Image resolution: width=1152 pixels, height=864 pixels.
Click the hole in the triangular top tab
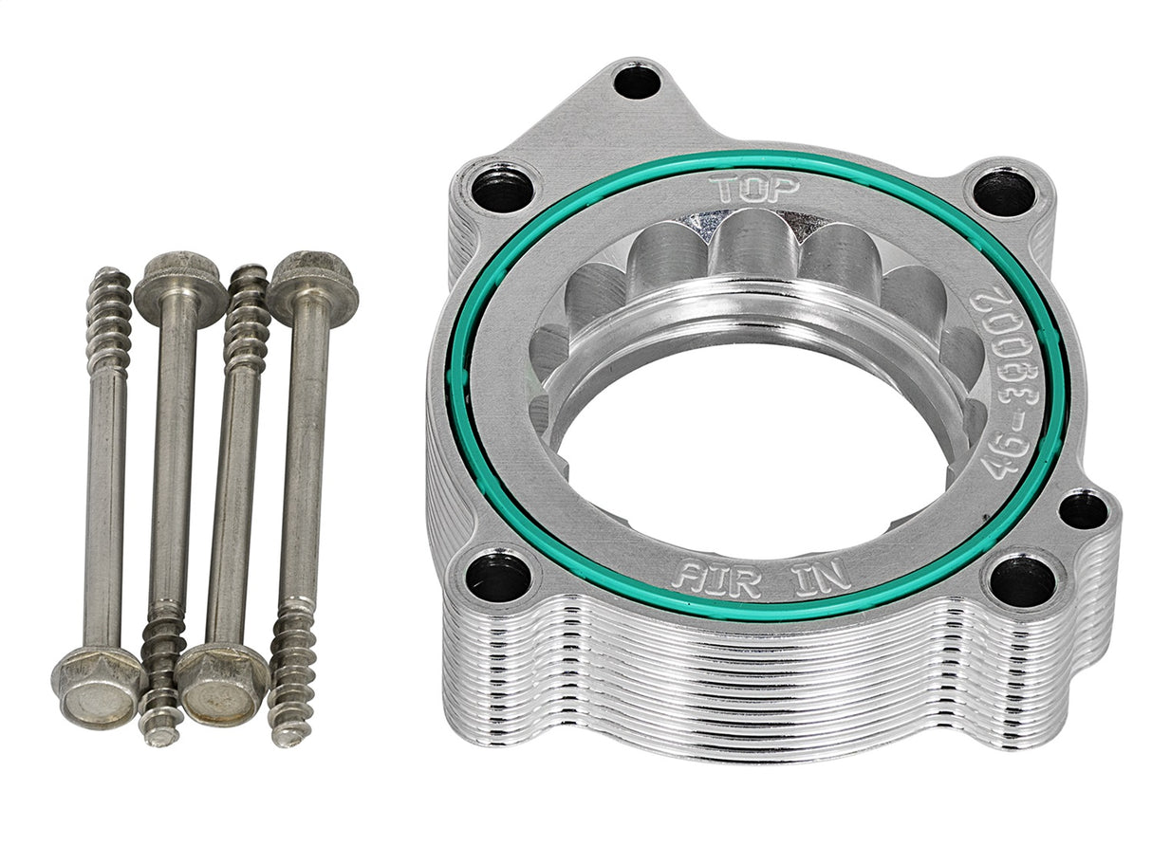click(636, 82)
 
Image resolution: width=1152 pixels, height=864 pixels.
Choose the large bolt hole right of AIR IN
click(1021, 580)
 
